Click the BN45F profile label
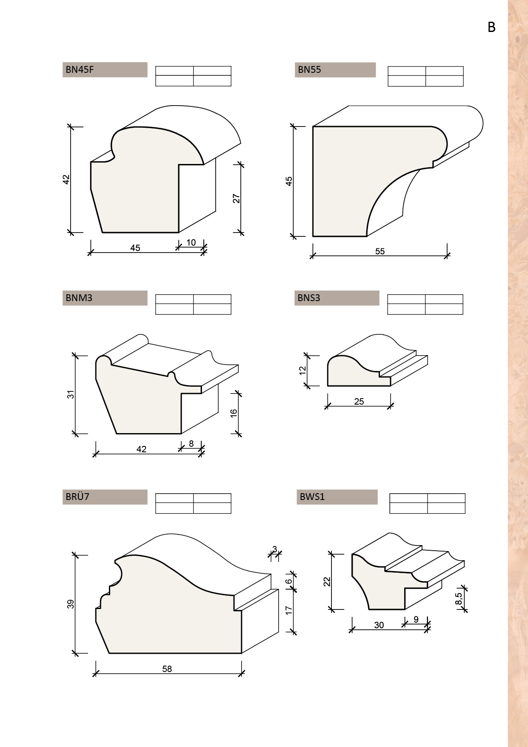pyautogui.click(x=80, y=69)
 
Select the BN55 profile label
pyautogui.click(x=309, y=69)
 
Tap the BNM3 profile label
pyautogui.click(x=79, y=298)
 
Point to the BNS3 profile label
pyautogui.click(x=309, y=298)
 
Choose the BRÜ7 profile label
pyautogui.click(x=77, y=497)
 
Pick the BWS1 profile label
pyautogui.click(x=312, y=497)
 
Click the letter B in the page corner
pyautogui.click(x=491, y=27)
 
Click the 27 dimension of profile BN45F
pyautogui.click(x=237, y=198)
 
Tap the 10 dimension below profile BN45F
pyautogui.click(x=191, y=242)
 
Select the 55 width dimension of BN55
pyautogui.click(x=380, y=251)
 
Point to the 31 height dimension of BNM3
pyautogui.click(x=71, y=394)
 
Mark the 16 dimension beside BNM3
pyautogui.click(x=234, y=413)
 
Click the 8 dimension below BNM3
pyautogui.click(x=191, y=444)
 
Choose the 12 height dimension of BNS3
pyautogui.click(x=303, y=370)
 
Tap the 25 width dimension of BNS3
pyautogui.click(x=359, y=401)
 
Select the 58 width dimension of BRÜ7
pyautogui.click(x=167, y=669)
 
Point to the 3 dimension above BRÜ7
pyautogui.click(x=275, y=549)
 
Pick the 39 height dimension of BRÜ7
pyautogui.click(x=71, y=604)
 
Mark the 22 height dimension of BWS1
pyautogui.click(x=327, y=581)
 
